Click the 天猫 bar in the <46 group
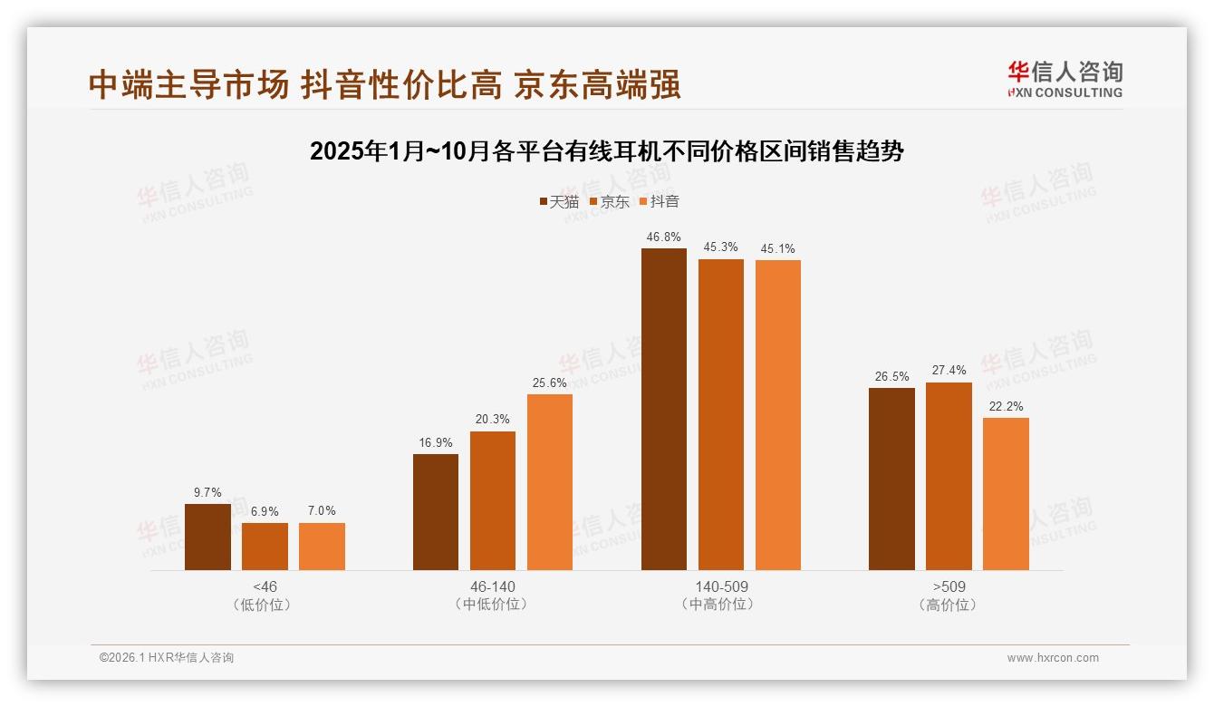pyautogui.click(x=207, y=537)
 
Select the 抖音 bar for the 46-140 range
pyautogui.click(x=550, y=482)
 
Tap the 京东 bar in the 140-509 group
pyautogui.click(x=720, y=414)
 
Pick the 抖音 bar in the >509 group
pyautogui.click(x=1006, y=494)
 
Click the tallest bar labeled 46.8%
pyautogui.click(x=664, y=409)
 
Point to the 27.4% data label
pyautogui.click(x=949, y=370)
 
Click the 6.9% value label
pyautogui.click(x=265, y=511)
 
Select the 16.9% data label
pyautogui.click(x=436, y=442)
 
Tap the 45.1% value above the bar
pyautogui.click(x=777, y=248)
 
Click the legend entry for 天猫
pyautogui.click(x=558, y=202)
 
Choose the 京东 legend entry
pyautogui.click(x=609, y=202)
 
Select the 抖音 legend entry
pyautogui.click(x=659, y=202)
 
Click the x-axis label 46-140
pyautogui.click(x=493, y=586)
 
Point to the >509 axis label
pyautogui.click(x=949, y=586)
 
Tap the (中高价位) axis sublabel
pyautogui.click(x=721, y=605)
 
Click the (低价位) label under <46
pyautogui.click(x=265, y=605)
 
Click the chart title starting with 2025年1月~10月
pyautogui.click(x=606, y=151)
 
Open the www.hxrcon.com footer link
pyautogui.click(x=1053, y=658)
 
